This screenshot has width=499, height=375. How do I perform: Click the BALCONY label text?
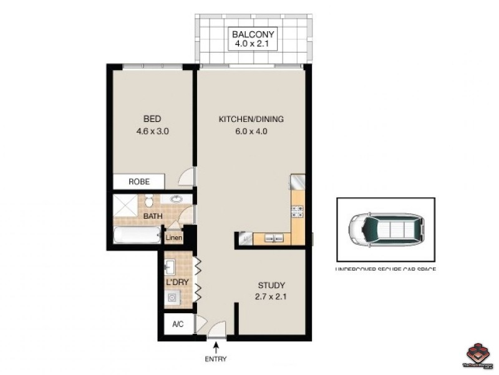253,34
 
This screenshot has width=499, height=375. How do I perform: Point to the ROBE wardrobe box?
138,182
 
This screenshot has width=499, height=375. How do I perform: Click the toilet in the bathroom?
150,202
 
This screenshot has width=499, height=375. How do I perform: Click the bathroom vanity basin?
177,201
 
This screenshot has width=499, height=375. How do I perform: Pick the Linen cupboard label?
173,238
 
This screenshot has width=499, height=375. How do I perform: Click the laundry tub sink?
170,267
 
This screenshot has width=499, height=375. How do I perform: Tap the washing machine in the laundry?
171,299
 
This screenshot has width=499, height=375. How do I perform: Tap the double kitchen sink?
273,237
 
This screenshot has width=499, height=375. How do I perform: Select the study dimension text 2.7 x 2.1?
271,297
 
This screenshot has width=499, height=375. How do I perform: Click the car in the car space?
385,229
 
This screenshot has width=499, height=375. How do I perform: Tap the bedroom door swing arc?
187,178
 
